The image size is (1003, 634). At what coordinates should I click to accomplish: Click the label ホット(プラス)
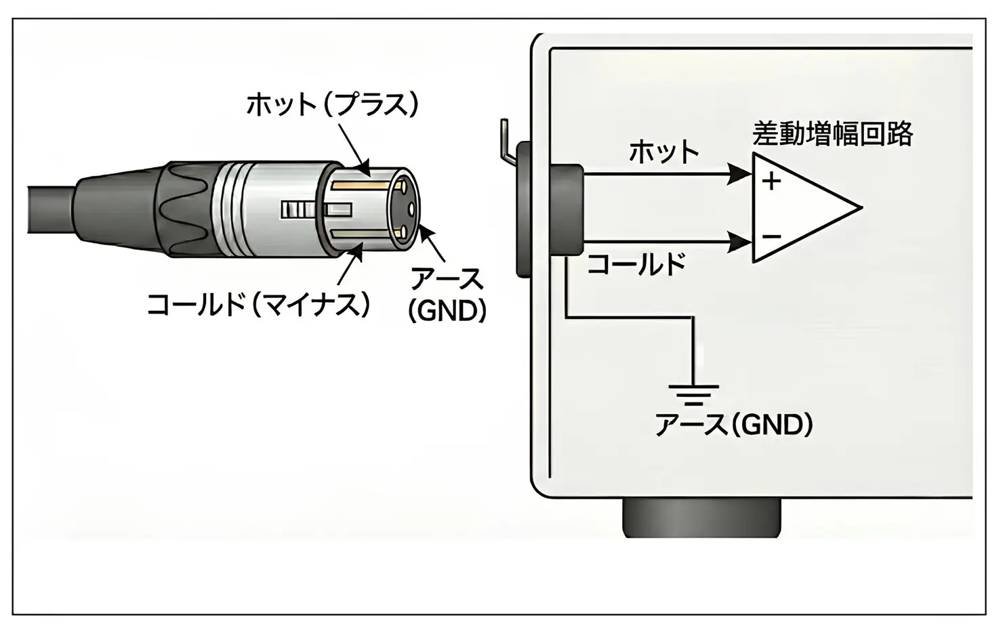[x=332, y=105]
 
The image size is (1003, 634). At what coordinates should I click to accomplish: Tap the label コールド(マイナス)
[x=258, y=304]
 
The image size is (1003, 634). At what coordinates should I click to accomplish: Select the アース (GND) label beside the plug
[x=448, y=295]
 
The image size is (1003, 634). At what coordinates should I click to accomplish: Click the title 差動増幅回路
[x=833, y=134]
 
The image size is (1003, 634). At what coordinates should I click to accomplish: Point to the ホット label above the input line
[x=663, y=152]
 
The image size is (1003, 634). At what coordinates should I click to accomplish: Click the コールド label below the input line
[x=636, y=264]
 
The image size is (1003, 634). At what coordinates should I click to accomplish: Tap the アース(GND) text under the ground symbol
[x=734, y=425]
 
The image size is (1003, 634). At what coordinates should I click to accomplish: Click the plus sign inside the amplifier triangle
[x=771, y=182]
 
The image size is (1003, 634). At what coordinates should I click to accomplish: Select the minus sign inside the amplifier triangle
[x=771, y=236]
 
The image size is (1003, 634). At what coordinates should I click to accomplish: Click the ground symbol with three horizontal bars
[x=693, y=394]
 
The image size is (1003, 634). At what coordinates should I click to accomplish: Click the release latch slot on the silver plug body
[x=298, y=209]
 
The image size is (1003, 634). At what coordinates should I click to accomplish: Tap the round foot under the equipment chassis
[x=701, y=518]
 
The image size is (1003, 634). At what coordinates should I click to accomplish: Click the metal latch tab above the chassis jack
[x=506, y=139]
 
